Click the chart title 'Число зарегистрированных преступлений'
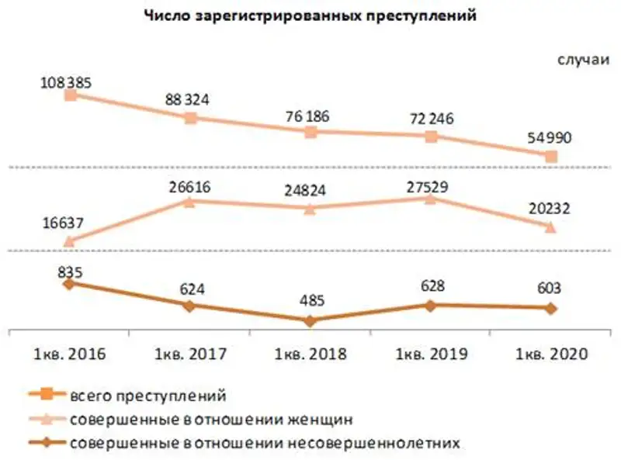click(x=310, y=16)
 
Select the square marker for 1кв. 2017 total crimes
click(x=190, y=118)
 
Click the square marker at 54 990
click(x=551, y=157)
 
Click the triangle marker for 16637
click(x=69, y=241)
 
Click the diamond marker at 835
click(x=69, y=283)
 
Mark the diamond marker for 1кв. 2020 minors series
click(x=551, y=308)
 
